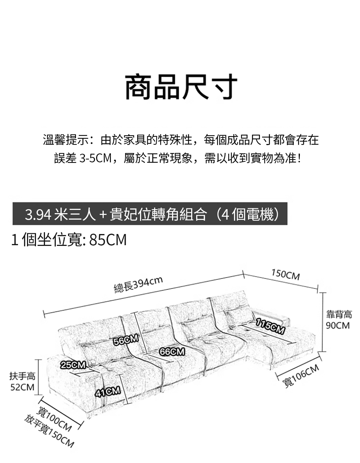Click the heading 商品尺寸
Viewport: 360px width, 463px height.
[181, 87]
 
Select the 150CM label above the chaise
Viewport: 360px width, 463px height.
[285, 275]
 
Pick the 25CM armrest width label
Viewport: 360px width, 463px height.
[73, 365]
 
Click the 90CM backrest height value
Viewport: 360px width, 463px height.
[337, 325]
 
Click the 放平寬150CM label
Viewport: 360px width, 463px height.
[49, 431]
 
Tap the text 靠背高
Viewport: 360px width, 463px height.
[339, 315]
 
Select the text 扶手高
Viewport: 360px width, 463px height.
[22, 376]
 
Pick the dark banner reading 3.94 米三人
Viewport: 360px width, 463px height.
[150, 214]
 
